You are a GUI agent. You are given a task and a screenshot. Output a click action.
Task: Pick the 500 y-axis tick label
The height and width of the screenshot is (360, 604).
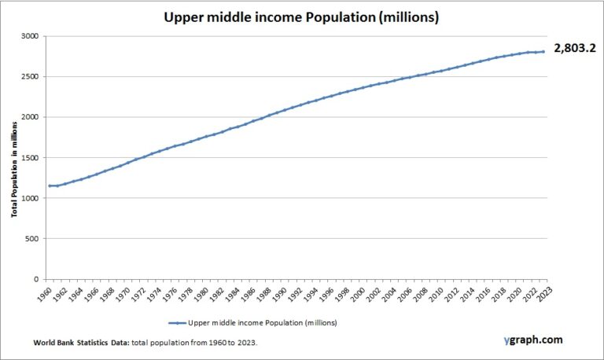(x=31, y=238)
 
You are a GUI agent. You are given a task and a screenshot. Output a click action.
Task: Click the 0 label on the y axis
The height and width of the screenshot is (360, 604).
(x=35, y=279)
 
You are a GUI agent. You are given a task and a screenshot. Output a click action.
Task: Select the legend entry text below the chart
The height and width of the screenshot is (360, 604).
(x=252, y=322)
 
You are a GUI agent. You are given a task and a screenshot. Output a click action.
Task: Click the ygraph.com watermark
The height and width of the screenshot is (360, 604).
(x=534, y=340)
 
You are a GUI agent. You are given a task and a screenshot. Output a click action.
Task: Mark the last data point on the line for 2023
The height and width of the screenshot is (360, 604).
(x=543, y=52)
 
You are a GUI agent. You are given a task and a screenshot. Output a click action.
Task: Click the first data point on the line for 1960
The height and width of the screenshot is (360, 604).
(x=50, y=186)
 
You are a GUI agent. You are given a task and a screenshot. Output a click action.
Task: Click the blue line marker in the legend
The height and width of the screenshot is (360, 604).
(x=176, y=322)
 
